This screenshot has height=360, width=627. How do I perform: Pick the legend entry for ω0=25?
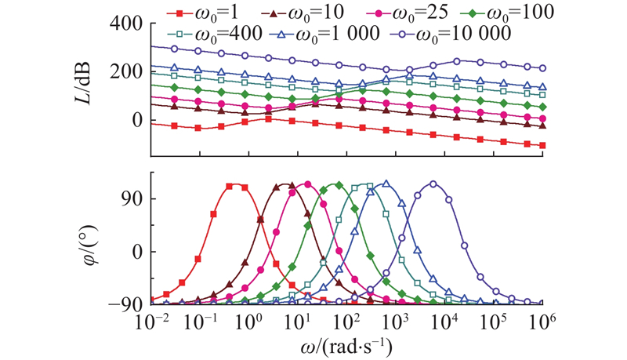pos(387,12)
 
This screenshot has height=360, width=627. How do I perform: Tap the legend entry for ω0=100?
pos(488,12)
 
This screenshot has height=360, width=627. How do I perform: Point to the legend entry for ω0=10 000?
pos(449,34)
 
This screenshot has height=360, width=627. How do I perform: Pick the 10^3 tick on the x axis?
pos(397,322)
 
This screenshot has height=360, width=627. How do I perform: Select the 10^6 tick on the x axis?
pos(543,322)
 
